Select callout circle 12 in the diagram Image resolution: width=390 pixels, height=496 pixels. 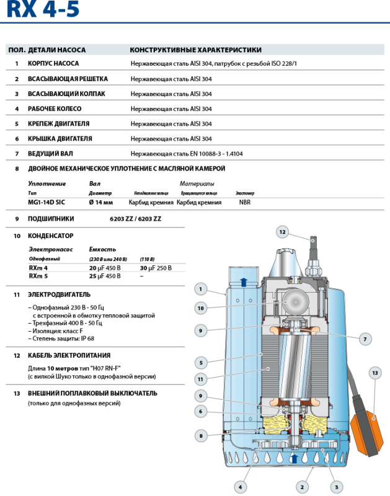tap(282, 232)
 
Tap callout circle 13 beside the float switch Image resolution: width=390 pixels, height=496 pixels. tap(374, 373)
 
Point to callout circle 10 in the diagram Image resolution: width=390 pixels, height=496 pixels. tap(200, 308)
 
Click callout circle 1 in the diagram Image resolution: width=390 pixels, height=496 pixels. tap(200, 288)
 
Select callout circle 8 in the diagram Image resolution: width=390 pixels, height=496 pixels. tap(200, 436)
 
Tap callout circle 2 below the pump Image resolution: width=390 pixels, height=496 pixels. tap(302, 486)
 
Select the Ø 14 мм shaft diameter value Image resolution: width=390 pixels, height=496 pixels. tap(101, 202)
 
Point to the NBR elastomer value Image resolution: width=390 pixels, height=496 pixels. tap(245, 202)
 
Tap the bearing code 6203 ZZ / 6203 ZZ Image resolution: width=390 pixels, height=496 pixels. tap(135, 219)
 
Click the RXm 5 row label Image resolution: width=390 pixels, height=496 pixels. tap(38, 276)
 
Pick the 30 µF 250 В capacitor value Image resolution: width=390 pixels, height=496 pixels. tap(156, 268)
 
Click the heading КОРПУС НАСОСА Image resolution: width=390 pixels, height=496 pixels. tap(53, 63)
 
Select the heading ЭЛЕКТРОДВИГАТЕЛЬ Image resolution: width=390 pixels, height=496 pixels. tap(59, 294)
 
